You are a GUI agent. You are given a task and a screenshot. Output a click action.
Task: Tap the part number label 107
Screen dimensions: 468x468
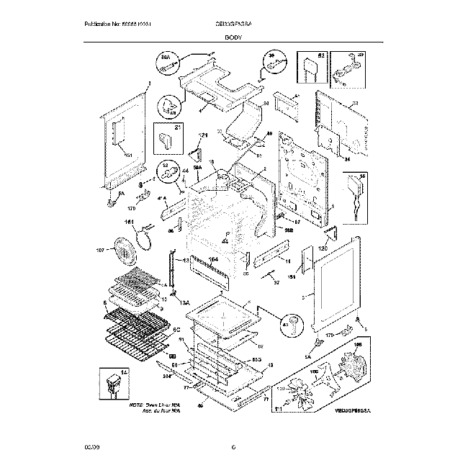[x=101, y=251]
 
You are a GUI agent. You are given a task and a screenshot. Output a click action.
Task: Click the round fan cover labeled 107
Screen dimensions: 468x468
[x=124, y=251]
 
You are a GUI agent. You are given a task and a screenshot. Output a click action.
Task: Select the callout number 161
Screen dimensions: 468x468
[x=130, y=222]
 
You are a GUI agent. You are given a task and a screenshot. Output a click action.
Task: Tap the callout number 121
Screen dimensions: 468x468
[x=202, y=135]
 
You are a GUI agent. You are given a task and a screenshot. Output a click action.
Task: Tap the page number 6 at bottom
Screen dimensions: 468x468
[x=234, y=449]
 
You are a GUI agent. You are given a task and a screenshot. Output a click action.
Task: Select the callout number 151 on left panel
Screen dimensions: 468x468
[x=127, y=155]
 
